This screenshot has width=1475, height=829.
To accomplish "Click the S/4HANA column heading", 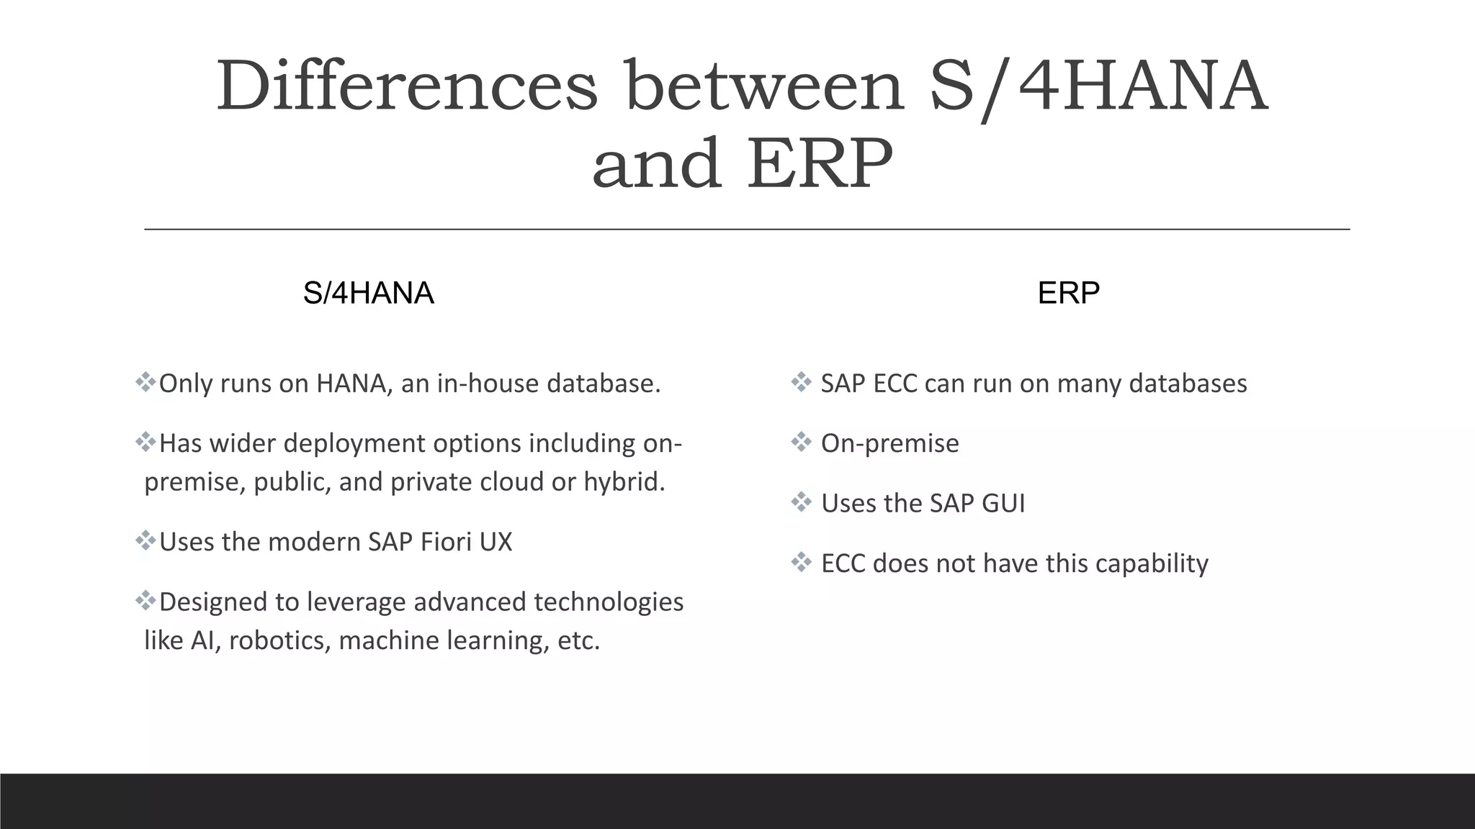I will pos(368,293).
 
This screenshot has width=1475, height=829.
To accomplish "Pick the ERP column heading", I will pos(1068,293).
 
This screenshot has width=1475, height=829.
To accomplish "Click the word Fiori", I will pos(445,542).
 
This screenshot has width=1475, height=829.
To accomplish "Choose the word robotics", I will pos(276,640).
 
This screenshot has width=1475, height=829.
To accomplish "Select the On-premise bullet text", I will pos(889,443).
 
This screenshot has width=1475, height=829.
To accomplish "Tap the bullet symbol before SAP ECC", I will pos(801,382).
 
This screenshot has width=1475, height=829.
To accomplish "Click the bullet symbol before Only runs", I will pos(145,382).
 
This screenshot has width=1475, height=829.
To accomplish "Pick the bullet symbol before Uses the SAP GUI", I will pos(801,502).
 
